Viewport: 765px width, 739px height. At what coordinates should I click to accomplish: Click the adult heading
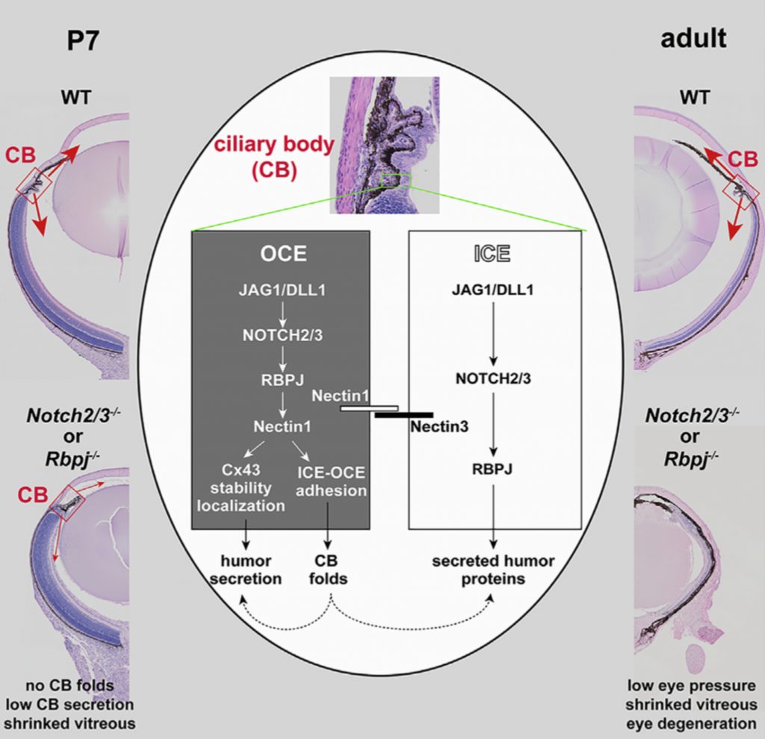(693, 37)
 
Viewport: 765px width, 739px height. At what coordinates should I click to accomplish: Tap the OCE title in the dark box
(283, 253)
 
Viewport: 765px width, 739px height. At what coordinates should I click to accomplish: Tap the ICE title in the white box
(492, 253)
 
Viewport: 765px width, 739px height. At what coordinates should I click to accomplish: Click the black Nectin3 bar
(404, 414)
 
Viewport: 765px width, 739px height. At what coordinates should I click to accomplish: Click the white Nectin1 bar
(369, 408)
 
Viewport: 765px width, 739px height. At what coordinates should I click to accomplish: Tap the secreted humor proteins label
(494, 570)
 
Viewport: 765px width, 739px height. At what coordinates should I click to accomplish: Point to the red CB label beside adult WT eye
(742, 158)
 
